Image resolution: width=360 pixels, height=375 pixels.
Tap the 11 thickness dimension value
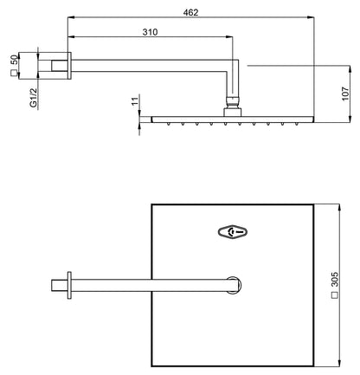[135, 102]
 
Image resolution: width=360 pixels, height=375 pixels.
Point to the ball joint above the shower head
[231, 107]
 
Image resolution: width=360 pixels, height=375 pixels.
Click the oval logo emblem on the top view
[233, 231]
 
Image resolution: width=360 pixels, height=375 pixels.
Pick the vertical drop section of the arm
[231, 82]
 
